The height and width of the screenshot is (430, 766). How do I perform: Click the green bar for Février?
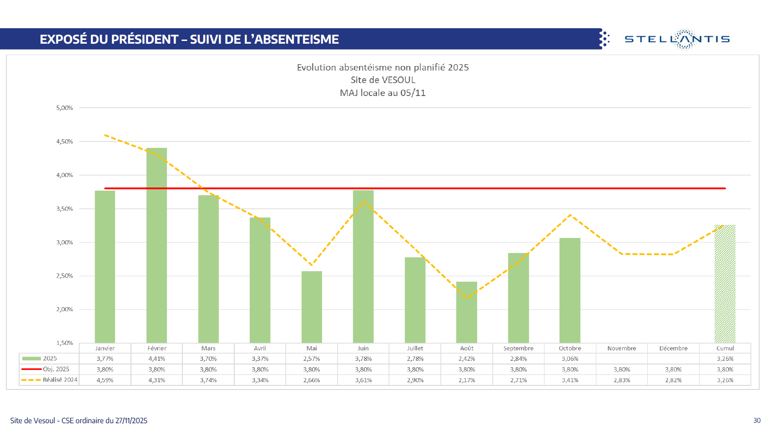[x=156, y=246]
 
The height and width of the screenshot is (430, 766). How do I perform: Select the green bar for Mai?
[x=312, y=307]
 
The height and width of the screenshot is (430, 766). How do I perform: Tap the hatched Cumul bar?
[x=725, y=284]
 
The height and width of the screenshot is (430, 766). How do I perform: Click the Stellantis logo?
[x=677, y=39]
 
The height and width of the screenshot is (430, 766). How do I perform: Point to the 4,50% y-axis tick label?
[x=65, y=142]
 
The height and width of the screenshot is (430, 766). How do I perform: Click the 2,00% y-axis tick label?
[x=65, y=309]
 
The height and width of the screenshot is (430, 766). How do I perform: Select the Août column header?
[x=467, y=349]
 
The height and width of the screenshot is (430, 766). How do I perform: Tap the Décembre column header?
[x=673, y=349]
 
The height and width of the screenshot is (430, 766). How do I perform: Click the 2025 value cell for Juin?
[x=363, y=359]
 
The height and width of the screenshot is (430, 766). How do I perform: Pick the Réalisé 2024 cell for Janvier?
[x=105, y=380]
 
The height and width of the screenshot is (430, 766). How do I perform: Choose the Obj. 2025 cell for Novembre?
[x=621, y=369]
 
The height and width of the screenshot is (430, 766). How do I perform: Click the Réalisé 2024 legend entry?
[x=50, y=380]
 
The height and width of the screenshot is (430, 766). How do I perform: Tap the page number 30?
[x=757, y=420]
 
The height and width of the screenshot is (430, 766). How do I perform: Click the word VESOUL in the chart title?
[x=398, y=80]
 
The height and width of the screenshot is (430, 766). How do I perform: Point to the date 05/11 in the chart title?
[x=413, y=93]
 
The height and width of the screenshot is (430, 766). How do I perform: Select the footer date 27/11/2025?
[x=131, y=420]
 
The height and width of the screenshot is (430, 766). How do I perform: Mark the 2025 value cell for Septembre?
[x=518, y=359]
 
